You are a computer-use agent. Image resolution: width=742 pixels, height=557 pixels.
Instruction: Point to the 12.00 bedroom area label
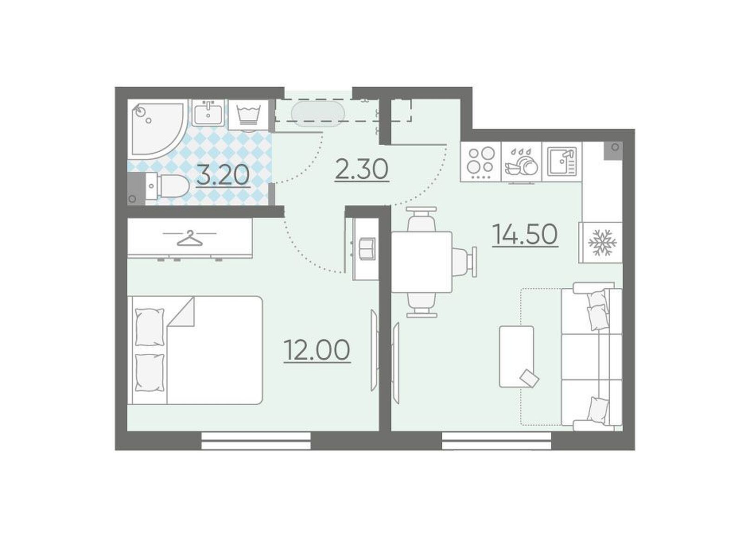pyautogui.click(x=317, y=350)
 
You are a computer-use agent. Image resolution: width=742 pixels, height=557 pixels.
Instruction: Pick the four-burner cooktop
pyautogui.click(x=480, y=162)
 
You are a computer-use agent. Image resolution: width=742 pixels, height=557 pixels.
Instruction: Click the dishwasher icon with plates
pyautogui.click(x=521, y=162)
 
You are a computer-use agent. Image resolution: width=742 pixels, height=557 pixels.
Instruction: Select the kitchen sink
pyautogui.click(x=562, y=162)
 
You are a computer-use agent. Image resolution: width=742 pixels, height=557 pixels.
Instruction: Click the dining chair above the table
pyautogui.click(x=421, y=220)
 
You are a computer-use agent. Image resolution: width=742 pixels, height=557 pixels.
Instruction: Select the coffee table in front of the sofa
pyautogui.click(x=516, y=356)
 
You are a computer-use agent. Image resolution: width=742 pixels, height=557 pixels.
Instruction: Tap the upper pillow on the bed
pyautogui.click(x=150, y=327)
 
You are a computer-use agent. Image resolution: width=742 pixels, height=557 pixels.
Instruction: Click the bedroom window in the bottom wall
pyautogui.click(x=256, y=441)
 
